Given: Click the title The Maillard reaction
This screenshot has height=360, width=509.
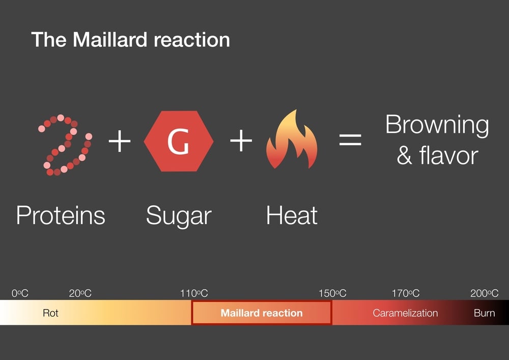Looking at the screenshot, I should (130, 40).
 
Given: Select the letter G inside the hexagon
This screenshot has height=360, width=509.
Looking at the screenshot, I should (178, 143).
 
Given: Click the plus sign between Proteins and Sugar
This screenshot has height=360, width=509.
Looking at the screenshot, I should (120, 141).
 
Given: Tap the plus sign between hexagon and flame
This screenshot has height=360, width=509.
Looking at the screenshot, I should (241, 141).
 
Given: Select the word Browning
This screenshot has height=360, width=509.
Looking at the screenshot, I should (437, 125).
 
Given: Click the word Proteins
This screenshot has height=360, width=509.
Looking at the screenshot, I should (61, 215).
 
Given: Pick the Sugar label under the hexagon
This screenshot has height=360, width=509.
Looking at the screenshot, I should (178, 215).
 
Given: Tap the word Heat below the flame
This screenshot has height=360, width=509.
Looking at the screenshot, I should (292, 215).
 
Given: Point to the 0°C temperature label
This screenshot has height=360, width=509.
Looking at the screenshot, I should (20, 293).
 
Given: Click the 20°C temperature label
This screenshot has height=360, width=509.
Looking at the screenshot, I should (80, 293).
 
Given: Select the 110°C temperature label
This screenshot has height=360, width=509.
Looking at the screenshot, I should (194, 293).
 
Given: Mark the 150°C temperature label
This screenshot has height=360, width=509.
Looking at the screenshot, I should (332, 293).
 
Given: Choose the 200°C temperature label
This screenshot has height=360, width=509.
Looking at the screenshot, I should (484, 293).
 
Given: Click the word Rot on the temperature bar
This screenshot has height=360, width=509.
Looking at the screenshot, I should (50, 313).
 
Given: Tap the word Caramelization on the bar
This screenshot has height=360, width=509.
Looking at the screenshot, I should (405, 313).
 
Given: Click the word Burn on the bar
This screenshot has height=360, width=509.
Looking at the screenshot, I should (484, 313).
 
